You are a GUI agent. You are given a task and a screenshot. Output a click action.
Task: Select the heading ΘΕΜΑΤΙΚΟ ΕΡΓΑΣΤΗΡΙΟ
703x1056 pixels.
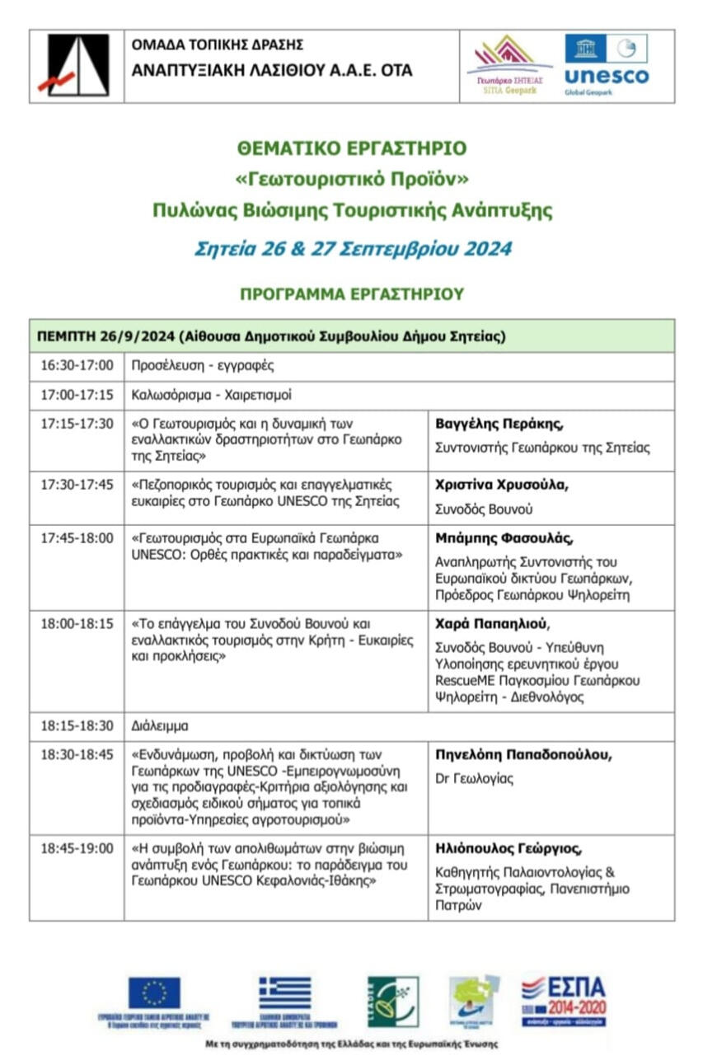click(x=352, y=148)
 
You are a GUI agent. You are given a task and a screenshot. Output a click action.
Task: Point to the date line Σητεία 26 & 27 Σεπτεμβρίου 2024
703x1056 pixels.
click(x=353, y=248)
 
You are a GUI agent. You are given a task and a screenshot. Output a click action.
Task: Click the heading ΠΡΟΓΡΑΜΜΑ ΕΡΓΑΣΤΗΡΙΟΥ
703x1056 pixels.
click(x=352, y=294)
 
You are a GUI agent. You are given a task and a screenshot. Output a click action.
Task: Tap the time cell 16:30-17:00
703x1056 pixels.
click(x=77, y=365)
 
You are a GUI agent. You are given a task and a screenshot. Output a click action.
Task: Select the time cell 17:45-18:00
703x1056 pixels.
click(x=77, y=538)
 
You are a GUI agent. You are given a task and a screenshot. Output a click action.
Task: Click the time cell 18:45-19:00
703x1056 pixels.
click(x=77, y=847)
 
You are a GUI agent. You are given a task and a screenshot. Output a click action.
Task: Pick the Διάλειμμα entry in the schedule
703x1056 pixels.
click(x=160, y=726)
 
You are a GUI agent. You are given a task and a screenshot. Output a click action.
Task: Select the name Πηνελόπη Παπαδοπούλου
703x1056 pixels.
click(x=523, y=754)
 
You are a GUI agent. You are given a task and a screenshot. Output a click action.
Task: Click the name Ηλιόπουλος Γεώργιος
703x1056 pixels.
click(x=509, y=847)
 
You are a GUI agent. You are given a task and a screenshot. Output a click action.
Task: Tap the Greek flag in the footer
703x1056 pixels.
click(x=285, y=993)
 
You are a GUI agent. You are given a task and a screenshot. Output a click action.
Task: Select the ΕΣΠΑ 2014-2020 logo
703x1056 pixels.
click(x=564, y=1000)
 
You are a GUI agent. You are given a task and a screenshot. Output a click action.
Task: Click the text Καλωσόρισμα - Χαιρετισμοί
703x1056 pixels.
click(x=212, y=395)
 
